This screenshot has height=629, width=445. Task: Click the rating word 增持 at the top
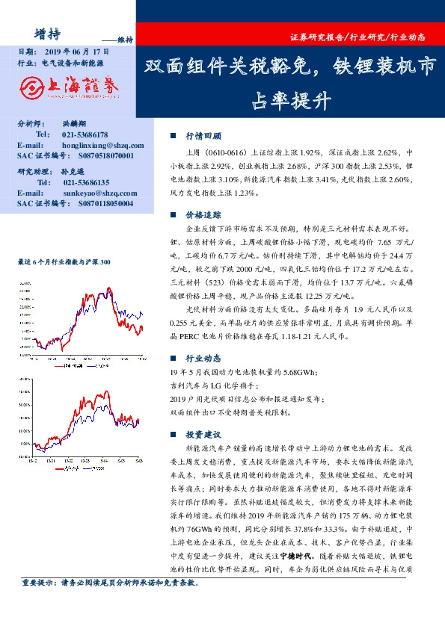pos(49,32)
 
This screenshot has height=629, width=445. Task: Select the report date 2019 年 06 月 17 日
pos(76,52)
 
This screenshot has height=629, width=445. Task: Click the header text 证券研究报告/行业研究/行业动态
pos(357,36)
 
